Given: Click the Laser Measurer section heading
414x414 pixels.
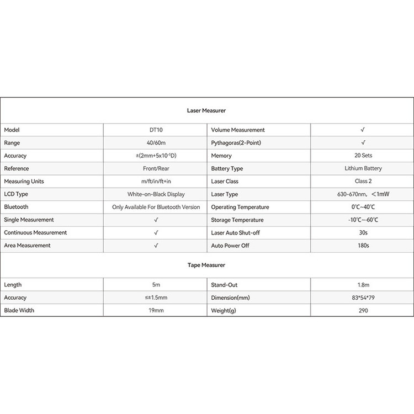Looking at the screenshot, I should pos(206,110).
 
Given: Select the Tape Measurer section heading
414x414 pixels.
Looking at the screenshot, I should pos(206,265).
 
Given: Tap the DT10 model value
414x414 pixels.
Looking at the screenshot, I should pos(156,130).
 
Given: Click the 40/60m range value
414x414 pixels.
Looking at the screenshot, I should pos(156,142).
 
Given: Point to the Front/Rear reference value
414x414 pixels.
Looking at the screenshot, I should pos(156,168).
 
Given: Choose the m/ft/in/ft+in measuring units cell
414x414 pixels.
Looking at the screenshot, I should pos(156,181).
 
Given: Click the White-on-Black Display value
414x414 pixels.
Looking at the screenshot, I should pos(156,194).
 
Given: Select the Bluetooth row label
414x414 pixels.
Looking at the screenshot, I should pos(16,207).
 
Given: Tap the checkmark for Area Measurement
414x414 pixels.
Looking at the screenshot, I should pos(156,245).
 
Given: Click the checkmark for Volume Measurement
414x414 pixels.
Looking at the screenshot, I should pos(362,130).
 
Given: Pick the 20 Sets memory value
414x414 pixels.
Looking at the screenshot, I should pos(362,156).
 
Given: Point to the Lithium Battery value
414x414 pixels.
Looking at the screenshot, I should pos(362,168).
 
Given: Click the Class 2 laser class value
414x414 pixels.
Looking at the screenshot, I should pos(362,181).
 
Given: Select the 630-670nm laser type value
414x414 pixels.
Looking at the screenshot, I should pos(362,194).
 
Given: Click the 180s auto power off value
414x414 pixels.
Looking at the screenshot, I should pos(362,245).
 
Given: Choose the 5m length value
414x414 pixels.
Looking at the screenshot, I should pos(156,285).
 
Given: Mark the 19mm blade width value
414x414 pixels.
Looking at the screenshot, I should pos(156,310).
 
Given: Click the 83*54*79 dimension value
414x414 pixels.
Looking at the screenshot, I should pos(362,298).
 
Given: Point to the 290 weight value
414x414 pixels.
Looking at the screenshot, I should pos(362,310).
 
